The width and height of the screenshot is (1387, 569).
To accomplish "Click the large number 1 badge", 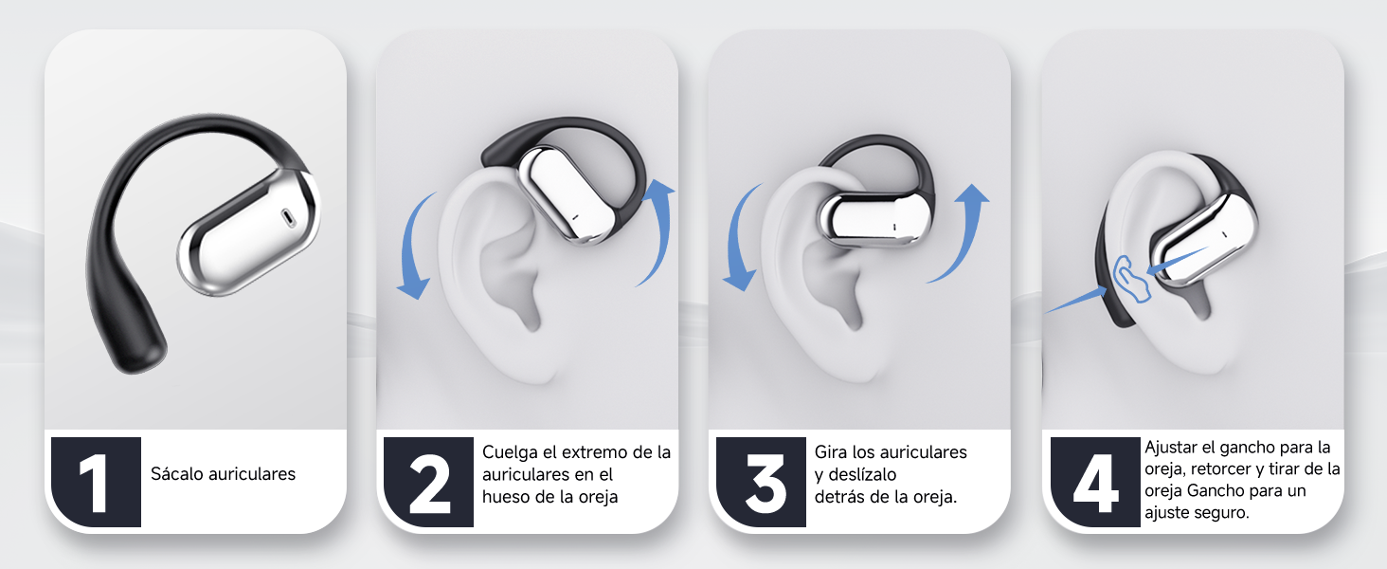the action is click(x=96, y=482).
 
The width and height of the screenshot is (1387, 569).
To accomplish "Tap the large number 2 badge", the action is click(x=428, y=482).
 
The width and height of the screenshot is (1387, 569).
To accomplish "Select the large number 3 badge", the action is click(x=761, y=482).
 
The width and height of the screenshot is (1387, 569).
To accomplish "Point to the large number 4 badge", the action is click(x=1095, y=482).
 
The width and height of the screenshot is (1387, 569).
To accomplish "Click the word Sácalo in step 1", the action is click(x=177, y=474).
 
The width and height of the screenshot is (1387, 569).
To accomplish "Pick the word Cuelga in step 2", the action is click(x=510, y=452).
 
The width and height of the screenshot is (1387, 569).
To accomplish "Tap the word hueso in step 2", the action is click(x=505, y=497).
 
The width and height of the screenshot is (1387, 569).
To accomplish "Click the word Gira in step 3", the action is click(x=830, y=451).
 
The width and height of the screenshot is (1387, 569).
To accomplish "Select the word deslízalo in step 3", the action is click(x=862, y=475).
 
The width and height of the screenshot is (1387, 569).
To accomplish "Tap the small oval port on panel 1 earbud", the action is click(x=289, y=217).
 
